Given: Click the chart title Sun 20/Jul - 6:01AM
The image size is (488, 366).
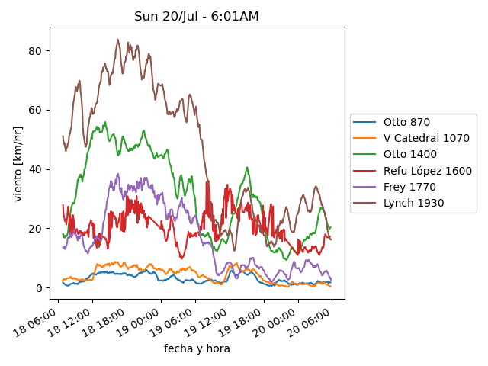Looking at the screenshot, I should [197, 16].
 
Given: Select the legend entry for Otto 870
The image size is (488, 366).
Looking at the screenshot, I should [406, 122].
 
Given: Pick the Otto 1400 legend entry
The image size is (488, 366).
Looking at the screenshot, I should [409, 154].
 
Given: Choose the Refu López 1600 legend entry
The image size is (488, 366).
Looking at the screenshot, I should [427, 171].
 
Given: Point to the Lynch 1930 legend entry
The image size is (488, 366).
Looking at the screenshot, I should [413, 203].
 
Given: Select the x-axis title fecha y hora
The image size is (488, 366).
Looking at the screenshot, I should [197, 348].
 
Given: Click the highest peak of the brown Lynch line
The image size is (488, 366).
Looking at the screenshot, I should [117, 40].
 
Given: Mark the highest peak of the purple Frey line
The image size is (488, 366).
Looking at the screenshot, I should [118, 174].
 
